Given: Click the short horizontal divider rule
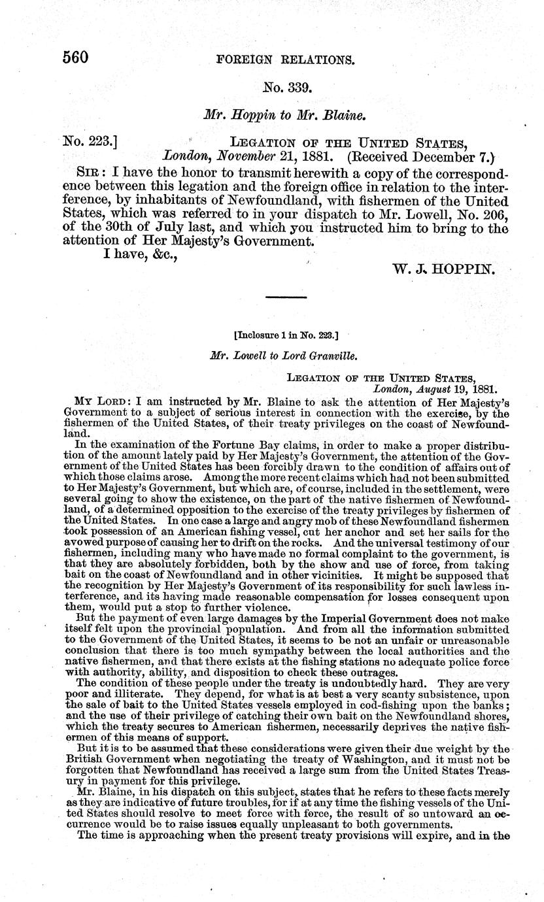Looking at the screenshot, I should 286,298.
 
